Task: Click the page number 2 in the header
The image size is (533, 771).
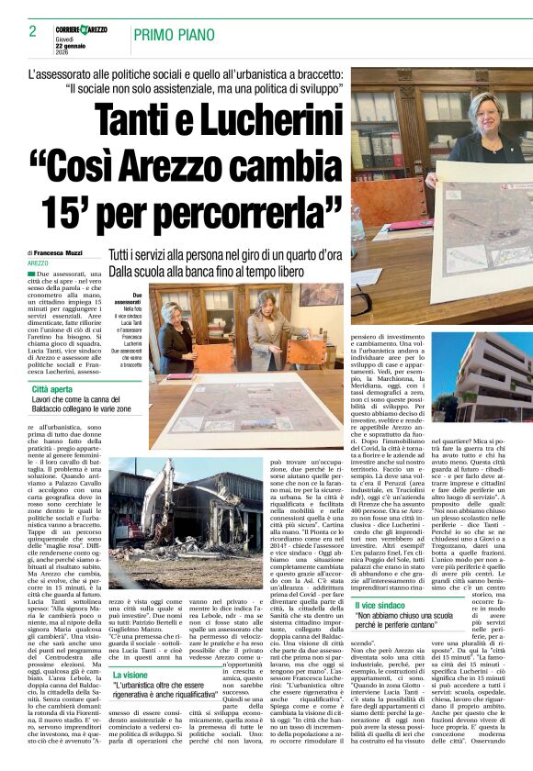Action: [32, 31]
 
